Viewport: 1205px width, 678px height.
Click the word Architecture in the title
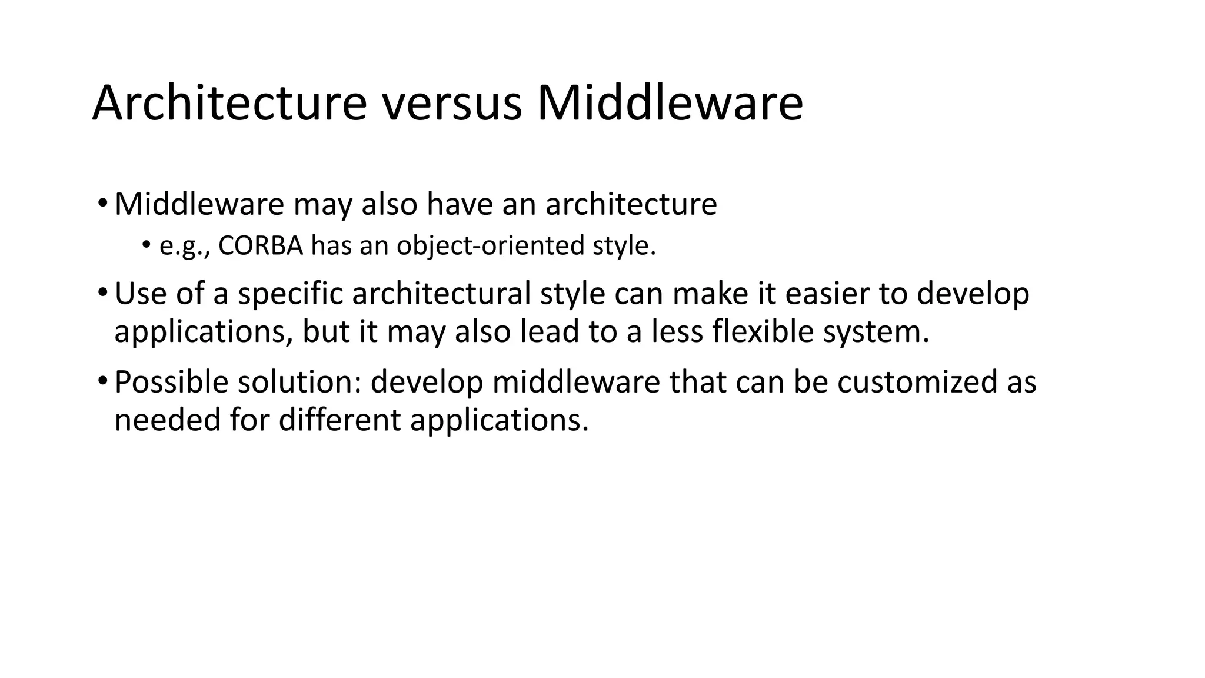pyautogui.click(x=229, y=104)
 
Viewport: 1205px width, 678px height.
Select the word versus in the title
pyautogui.click(x=452, y=104)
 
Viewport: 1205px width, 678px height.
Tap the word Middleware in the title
pyautogui.click(x=670, y=104)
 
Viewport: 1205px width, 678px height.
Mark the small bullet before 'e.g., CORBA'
pyautogui.click(x=145, y=245)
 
